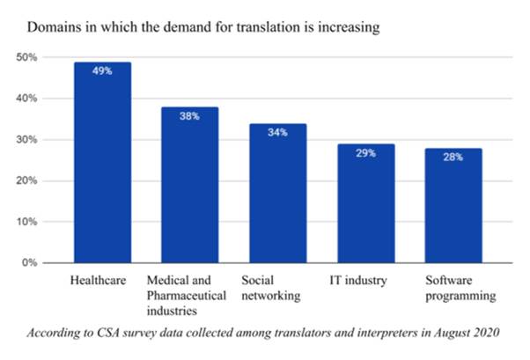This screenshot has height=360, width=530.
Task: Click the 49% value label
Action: click(103, 70)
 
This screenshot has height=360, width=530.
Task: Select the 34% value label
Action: click(276, 132)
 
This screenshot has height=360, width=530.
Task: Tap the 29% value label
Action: click(365, 153)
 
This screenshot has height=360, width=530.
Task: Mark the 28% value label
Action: click(453, 157)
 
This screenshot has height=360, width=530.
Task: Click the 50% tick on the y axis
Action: click(27, 57)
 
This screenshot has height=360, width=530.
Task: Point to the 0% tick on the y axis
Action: click(30, 263)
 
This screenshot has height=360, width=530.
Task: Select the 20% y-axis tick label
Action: click(27, 181)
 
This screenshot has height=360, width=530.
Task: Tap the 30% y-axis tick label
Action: click(27, 140)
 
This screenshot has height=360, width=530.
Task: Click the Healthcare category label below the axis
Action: click(99, 281)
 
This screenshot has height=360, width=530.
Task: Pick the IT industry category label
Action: click(357, 281)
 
